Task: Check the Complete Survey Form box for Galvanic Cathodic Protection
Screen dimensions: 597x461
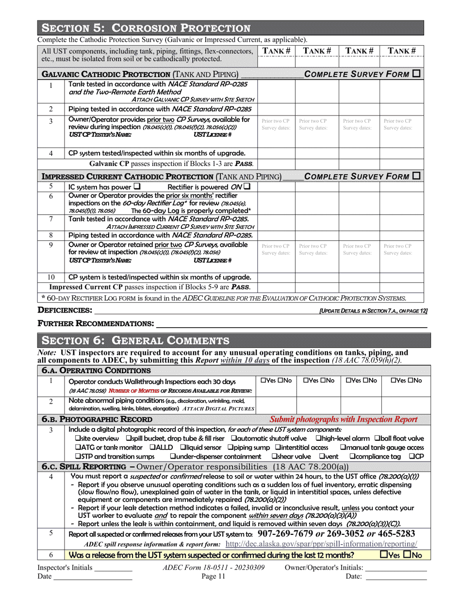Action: click(416, 74)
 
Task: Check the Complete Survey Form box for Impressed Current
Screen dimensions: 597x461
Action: click(416, 176)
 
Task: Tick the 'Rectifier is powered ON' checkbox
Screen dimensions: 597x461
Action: click(247, 186)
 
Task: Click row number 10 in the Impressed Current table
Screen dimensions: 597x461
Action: click(51, 277)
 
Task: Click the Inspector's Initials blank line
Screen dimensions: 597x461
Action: click(113, 567)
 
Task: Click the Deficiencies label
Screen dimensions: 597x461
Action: click(65, 310)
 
